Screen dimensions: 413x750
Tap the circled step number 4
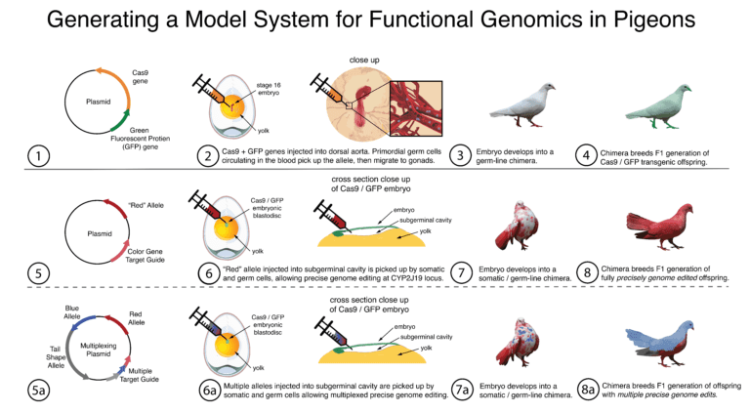click(x=586, y=156)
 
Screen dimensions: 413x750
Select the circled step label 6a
click(x=209, y=391)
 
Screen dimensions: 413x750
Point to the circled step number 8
click(x=587, y=272)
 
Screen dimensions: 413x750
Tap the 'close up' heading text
click(x=363, y=61)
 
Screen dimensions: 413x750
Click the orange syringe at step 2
click(x=217, y=90)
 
